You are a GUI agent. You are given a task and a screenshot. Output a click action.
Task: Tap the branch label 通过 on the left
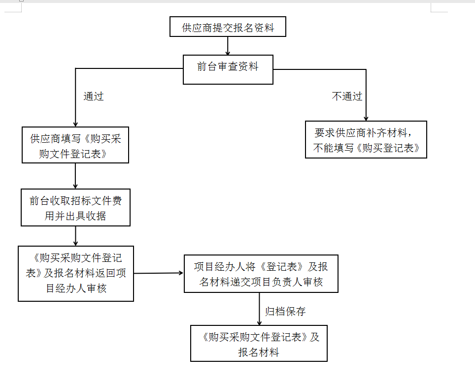(94, 96)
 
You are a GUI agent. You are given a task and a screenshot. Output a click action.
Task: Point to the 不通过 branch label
(347, 96)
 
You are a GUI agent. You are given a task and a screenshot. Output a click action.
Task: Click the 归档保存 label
(285, 311)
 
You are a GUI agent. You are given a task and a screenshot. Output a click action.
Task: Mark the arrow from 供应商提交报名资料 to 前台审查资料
(228, 46)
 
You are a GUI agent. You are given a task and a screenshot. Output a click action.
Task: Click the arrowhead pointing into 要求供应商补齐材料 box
(366, 118)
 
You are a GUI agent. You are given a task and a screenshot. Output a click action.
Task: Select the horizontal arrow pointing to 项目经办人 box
(159, 273)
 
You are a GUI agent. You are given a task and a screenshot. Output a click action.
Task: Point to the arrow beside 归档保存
(259, 309)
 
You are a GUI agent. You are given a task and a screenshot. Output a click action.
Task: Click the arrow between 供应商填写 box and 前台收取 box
(75, 176)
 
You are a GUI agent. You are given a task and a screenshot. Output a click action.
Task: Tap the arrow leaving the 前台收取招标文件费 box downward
(75, 236)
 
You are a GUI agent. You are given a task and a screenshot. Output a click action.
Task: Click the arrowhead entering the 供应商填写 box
(75, 124)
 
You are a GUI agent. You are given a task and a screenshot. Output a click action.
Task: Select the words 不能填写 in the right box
(333, 148)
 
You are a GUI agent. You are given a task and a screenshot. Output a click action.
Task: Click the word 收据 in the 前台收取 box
(96, 216)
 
